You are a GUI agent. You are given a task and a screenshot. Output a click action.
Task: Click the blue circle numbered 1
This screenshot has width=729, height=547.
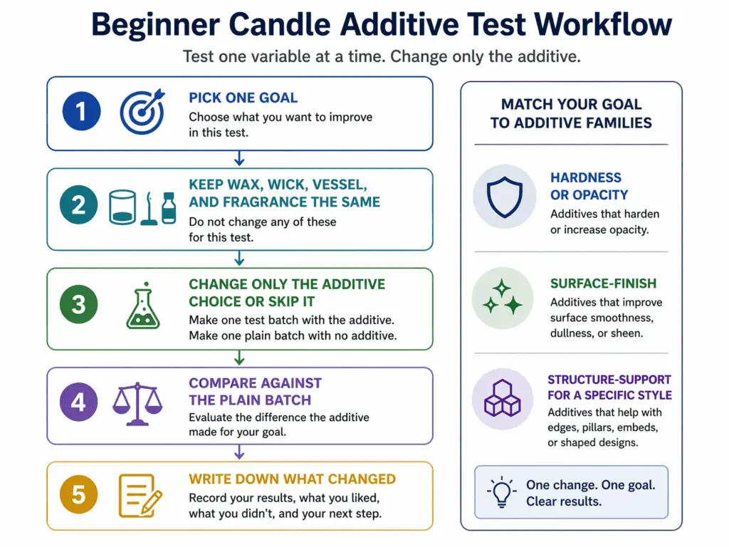81,113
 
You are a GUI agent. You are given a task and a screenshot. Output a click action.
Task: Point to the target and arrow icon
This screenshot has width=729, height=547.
142,112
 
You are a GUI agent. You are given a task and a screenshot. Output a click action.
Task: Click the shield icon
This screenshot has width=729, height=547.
504,195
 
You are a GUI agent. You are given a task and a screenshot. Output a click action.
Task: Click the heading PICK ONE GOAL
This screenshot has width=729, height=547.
243,98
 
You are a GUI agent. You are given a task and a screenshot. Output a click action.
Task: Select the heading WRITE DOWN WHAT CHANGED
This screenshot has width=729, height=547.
292,479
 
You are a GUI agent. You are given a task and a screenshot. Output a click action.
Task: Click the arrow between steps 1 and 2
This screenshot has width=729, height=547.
240,158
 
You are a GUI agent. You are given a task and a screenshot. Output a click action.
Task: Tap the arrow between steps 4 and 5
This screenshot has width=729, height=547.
240,452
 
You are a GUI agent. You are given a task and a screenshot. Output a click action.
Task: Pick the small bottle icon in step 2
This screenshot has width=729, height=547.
169,207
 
